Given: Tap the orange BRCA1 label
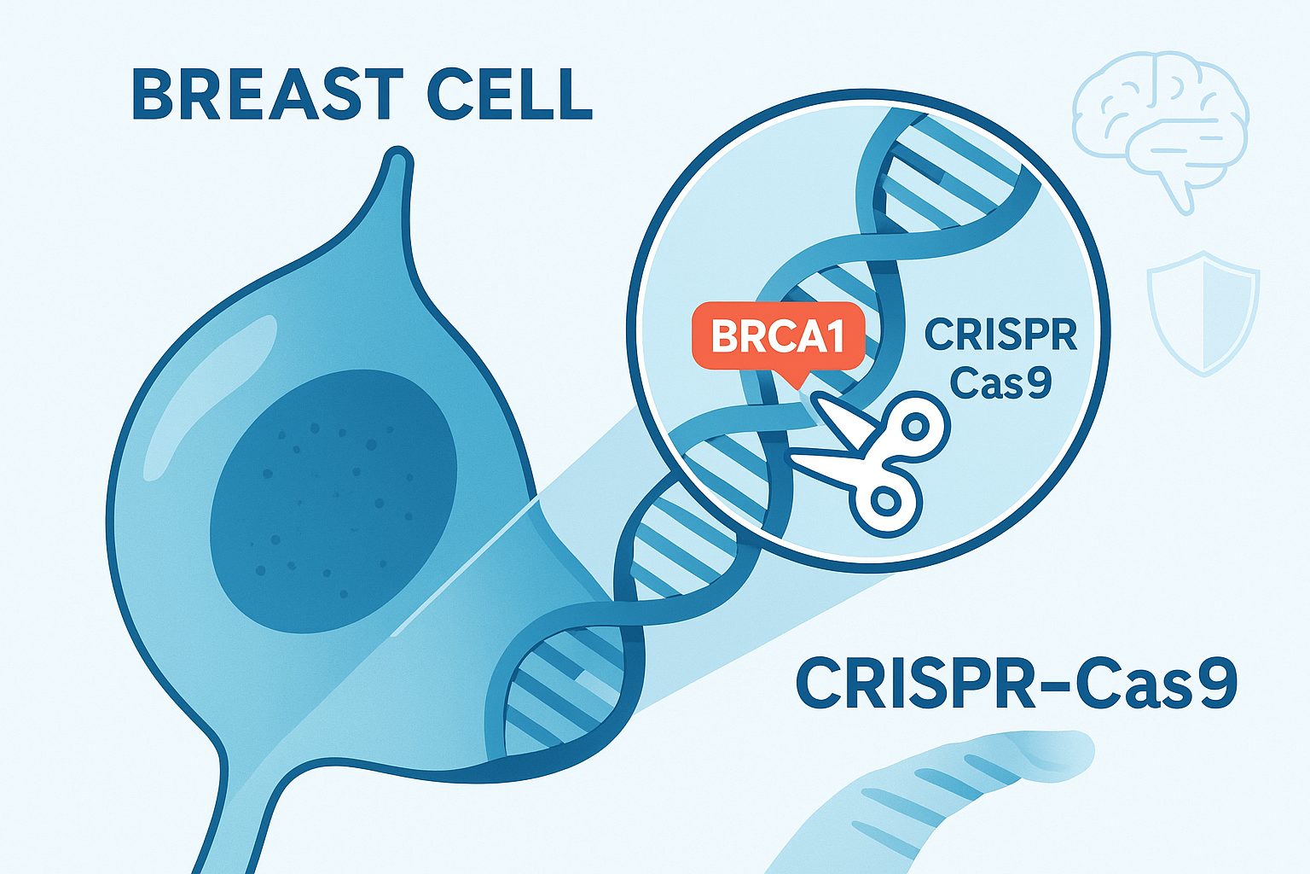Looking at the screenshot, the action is coord(778,335).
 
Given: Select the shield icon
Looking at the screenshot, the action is coord(1203,314).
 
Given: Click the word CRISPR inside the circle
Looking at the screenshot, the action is coord(1000,335).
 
